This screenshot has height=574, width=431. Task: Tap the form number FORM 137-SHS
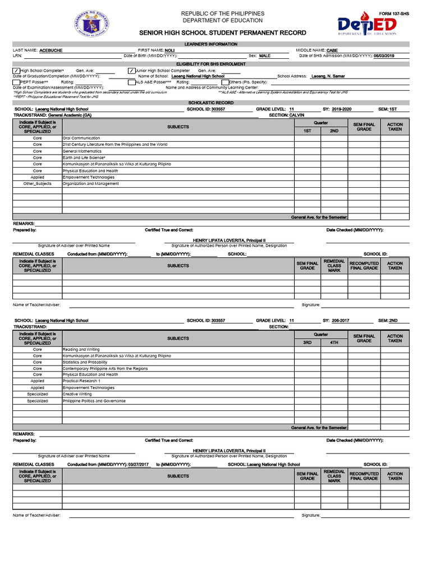coord(394,13)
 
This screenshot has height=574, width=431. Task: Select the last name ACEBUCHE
coord(51,50)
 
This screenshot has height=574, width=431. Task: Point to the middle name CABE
coord(332,50)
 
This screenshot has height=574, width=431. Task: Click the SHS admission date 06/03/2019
coord(384,56)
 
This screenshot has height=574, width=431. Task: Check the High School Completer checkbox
coord(16,71)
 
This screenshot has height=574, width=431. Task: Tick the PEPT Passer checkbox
coord(16,82)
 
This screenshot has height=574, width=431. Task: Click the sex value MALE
coord(264,56)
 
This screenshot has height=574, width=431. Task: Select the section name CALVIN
coord(297,115)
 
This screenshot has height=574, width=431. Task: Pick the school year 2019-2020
coord(341,109)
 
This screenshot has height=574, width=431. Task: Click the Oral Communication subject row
coord(81,138)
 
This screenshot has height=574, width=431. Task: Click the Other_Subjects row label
coord(37,184)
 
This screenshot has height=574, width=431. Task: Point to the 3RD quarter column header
coord(308,342)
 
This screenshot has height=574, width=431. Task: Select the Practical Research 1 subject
coord(81,381)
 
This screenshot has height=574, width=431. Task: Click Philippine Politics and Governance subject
coord(94,401)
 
